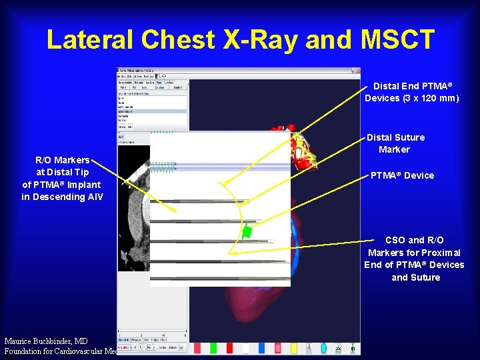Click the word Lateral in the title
(95, 40)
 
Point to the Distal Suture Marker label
(395, 143)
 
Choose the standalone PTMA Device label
(402, 175)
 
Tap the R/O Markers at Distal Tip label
(62, 166)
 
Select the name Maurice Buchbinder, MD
(44, 341)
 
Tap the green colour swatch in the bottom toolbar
(213, 348)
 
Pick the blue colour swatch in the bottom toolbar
(261, 348)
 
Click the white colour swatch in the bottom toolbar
(245, 348)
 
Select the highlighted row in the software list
(152, 111)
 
